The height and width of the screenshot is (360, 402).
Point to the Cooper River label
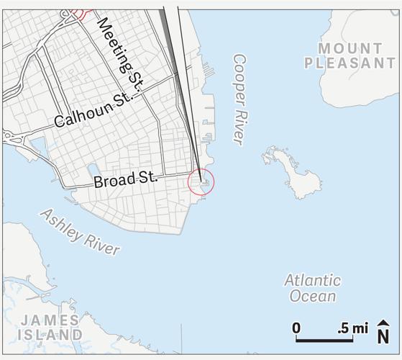coord(239,99)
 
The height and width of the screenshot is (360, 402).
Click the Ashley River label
coord(80,231)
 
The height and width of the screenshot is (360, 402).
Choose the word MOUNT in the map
coord(350,48)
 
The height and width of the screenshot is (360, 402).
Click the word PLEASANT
coord(350,63)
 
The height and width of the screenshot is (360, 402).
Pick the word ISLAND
coord(50,335)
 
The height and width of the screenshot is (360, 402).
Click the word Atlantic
coord(312,280)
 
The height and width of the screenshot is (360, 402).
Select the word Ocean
coord(313,295)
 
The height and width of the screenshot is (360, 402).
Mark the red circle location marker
coord(201,181)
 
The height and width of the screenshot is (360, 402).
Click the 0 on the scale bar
coord(296,328)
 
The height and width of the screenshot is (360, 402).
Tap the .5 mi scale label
coord(352,328)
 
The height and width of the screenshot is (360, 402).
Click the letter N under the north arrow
coord(384,336)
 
